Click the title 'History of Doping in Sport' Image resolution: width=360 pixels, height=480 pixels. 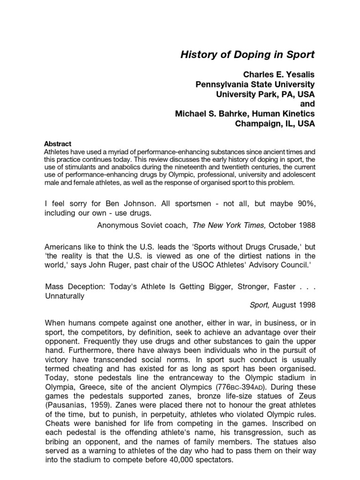[247, 55]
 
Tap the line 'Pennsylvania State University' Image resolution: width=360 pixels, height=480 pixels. [255, 84]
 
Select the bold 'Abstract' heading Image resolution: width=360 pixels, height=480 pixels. [57, 144]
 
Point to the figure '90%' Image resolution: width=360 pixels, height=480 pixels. [304, 204]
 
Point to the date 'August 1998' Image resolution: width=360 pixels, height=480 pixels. [293, 305]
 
